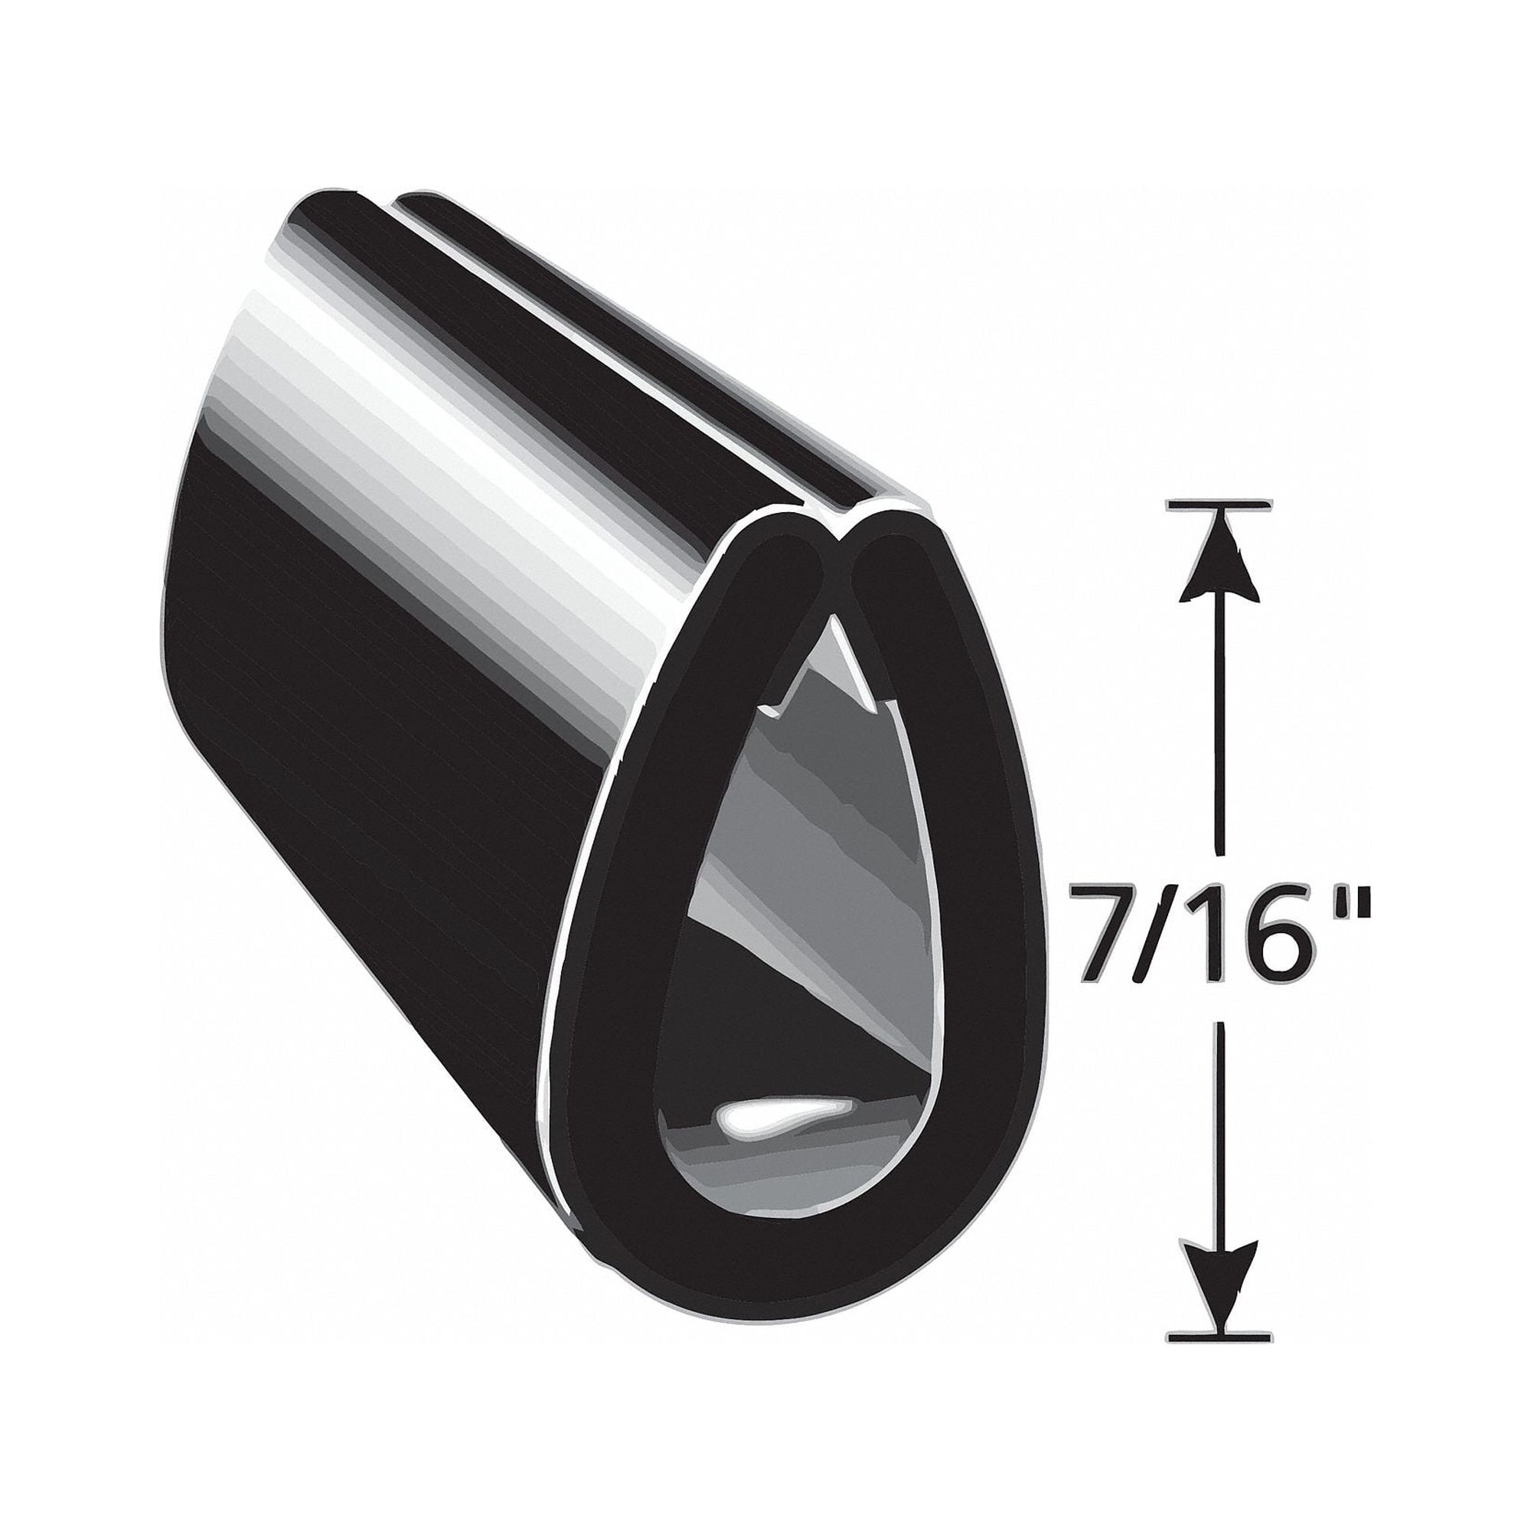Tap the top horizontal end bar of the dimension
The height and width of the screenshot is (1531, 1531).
point(1219,504)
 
